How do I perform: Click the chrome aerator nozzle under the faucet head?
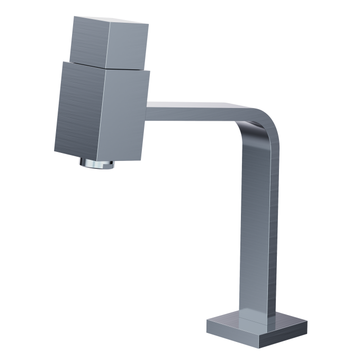click(x=97, y=164)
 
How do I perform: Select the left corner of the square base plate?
click(x=207, y=322)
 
